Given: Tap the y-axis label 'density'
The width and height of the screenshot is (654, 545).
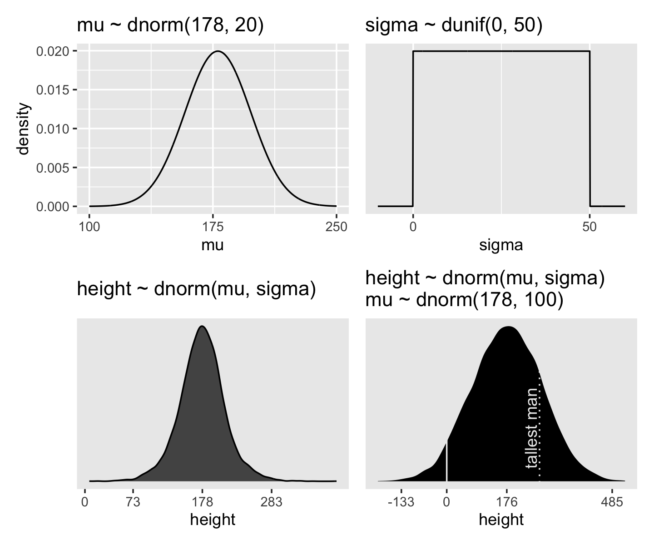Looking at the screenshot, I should (24, 129).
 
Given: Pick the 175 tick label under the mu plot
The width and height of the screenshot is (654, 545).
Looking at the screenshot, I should (213, 227).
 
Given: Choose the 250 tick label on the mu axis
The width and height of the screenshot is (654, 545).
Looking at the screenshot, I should (337, 227).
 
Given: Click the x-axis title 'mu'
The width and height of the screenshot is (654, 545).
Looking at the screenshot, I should (213, 245).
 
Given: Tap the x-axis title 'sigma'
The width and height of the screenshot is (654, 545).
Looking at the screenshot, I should (501, 245).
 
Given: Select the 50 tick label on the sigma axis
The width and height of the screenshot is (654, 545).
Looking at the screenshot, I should (590, 227).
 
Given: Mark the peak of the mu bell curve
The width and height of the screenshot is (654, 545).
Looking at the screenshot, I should (218, 51).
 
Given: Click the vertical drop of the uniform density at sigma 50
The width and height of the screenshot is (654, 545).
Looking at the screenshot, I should (590, 129).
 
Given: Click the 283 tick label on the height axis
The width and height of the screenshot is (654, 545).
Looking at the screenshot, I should (272, 502).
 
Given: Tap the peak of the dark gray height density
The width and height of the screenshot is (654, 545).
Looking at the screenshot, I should (202, 326).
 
